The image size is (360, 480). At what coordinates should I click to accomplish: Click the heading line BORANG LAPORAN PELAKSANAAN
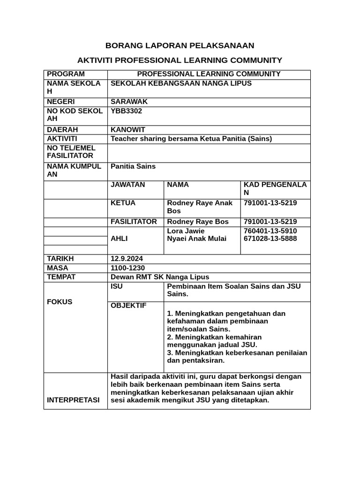tap(180, 45)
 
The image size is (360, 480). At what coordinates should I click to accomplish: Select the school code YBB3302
tap(126, 111)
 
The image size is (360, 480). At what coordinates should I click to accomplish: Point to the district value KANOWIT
tap(128, 129)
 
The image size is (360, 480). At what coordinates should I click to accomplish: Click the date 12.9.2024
tap(127, 259)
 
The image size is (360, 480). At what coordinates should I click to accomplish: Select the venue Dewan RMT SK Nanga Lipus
tap(159, 277)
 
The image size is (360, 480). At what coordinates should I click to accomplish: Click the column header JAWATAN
tap(127, 185)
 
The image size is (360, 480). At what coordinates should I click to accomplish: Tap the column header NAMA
tap(178, 185)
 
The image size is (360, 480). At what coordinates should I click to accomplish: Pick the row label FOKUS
tap(60, 302)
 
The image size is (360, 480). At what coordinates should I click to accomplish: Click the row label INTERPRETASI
tap(73, 400)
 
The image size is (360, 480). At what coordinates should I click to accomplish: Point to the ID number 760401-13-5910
tap(270, 231)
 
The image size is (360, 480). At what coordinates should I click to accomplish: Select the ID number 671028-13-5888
tap(270, 239)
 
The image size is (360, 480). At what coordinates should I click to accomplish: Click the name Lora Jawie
tap(186, 231)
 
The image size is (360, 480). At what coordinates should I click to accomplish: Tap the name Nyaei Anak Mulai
tap(196, 239)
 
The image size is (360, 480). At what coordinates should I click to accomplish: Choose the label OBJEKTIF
tap(128, 306)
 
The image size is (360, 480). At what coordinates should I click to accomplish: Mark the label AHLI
tap(119, 239)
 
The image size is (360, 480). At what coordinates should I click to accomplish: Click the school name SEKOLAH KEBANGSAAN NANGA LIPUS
tap(181, 83)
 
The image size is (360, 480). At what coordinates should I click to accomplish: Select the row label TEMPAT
tap(60, 277)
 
